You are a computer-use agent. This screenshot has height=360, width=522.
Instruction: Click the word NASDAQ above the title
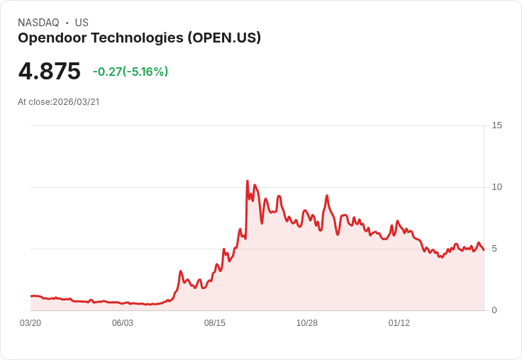tap(38, 23)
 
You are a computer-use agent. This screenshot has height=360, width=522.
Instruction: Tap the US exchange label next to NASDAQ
tap(82, 23)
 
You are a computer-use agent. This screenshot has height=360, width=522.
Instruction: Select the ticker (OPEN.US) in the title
tap(224, 38)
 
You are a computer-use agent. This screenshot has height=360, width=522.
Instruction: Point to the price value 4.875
tap(49, 72)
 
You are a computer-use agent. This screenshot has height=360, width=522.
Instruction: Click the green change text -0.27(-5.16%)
tap(130, 72)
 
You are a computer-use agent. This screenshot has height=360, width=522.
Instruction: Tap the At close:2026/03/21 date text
tap(59, 102)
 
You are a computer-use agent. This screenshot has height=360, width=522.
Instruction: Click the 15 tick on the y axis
tap(496, 125)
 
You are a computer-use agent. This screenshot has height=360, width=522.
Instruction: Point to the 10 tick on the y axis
tap(496, 187)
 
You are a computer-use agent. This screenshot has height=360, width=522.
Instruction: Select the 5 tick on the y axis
tap(494, 249)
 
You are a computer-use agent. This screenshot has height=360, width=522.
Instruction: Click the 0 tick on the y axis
tap(494, 310)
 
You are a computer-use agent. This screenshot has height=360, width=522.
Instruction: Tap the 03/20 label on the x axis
tap(30, 323)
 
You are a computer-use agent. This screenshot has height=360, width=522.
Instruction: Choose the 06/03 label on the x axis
tap(123, 323)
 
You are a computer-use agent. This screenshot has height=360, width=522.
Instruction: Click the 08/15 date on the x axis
tap(215, 323)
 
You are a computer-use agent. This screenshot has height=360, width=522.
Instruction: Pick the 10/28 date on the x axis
tap(307, 323)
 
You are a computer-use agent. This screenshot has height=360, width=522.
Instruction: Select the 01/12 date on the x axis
tap(399, 323)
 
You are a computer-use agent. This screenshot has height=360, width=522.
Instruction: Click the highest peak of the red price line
tap(247, 181)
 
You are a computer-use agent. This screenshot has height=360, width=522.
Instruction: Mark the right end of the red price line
tap(484, 249)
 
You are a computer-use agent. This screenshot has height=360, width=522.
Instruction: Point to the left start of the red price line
tap(31, 296)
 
